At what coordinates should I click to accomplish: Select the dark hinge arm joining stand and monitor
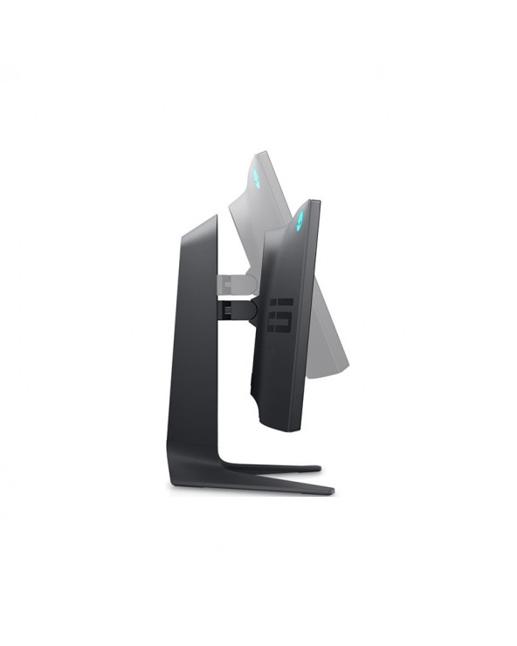pyautogui.click(x=232, y=307)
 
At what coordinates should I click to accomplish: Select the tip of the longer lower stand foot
pyautogui.click(x=330, y=491)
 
